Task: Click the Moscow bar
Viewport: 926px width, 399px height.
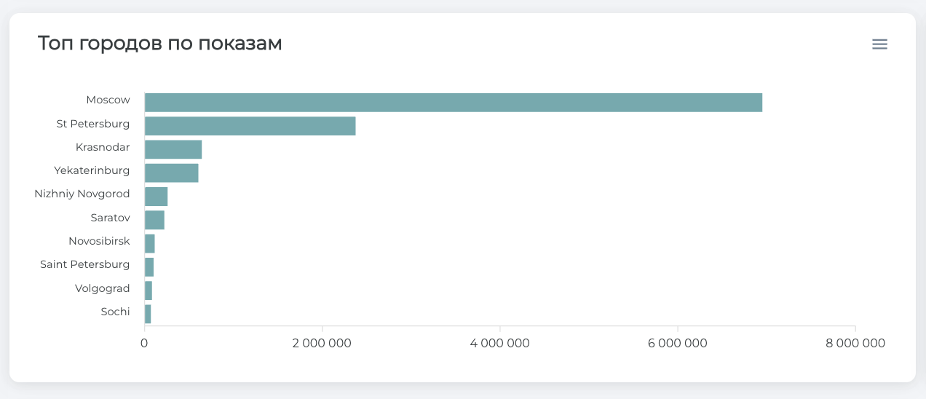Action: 453,103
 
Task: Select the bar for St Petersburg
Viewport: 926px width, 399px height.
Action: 250,126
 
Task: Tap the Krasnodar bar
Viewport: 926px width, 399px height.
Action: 173,149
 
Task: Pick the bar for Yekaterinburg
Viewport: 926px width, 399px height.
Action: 171,173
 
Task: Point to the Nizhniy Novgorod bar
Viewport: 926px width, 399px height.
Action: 156,197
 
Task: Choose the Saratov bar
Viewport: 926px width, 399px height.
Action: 154,220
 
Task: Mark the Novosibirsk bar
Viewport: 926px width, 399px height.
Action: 150,243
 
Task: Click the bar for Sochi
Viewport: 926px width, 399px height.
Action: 148,314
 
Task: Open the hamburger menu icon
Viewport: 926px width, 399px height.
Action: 879,44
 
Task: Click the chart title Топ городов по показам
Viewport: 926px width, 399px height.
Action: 159,44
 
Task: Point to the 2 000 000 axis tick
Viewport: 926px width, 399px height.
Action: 322,343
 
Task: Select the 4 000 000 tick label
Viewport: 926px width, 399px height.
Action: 500,343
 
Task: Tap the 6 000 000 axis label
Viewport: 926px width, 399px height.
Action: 678,343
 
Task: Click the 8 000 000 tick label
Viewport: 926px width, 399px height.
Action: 855,343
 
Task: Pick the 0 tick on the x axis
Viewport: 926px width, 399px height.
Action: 144,343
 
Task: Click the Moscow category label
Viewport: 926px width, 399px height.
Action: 108,100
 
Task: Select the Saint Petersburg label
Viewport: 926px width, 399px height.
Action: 84,264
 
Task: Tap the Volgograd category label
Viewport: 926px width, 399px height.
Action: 102,288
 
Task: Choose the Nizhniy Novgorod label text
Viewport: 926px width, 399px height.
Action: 82,194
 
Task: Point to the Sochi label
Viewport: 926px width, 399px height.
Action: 115,312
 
